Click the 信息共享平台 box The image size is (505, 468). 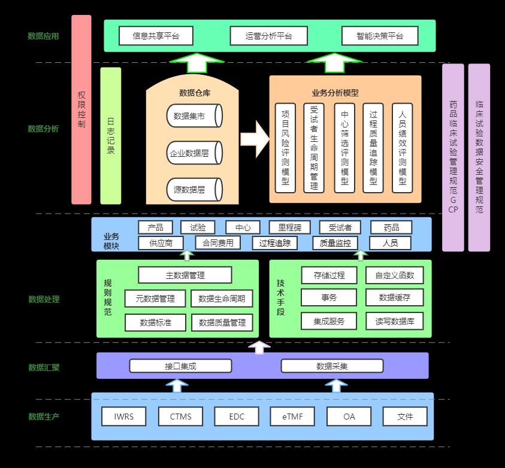pos(156,36)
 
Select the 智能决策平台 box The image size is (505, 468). pos(380,36)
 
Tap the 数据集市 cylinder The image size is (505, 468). pos(195,116)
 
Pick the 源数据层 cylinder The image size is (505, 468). pos(195,190)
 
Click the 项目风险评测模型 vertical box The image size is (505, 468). pos(285,148)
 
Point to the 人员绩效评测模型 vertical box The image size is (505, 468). pos(402,148)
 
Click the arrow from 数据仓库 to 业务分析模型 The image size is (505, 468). pos(255,139)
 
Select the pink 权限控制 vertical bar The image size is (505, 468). pos(81,110)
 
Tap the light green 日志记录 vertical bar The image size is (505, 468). pos(111,136)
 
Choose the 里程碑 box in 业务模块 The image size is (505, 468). pos(290,228)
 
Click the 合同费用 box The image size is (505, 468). pos(218,243)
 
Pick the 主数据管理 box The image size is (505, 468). pos(185,275)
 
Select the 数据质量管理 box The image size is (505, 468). pos(222,323)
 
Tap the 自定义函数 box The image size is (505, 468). pos(395,275)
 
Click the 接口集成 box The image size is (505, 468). pos(181,366)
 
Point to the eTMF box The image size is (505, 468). pos(292,417)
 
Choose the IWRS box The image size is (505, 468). pos(124,417)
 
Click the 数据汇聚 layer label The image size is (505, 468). pos(44,367)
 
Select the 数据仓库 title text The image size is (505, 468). pos(195,93)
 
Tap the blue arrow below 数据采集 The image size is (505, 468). pos(336,385)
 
